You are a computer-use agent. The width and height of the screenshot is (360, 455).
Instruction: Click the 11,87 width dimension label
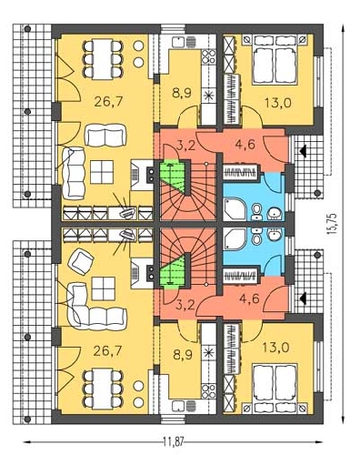click(x=174, y=442)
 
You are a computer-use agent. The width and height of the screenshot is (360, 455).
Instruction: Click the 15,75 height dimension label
click(x=332, y=224)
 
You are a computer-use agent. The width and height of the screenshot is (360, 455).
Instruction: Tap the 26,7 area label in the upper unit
click(x=108, y=101)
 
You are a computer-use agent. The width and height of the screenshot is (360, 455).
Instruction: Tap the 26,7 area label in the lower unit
click(x=107, y=351)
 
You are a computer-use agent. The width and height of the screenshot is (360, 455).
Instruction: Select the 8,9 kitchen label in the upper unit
click(x=182, y=93)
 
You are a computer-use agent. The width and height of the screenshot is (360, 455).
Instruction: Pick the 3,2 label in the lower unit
click(x=185, y=305)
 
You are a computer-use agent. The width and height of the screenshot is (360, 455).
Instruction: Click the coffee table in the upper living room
click(x=102, y=172)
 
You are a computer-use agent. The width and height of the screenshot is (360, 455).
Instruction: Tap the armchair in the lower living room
click(x=81, y=261)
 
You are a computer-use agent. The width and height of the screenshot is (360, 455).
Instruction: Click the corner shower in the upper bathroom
click(x=234, y=208)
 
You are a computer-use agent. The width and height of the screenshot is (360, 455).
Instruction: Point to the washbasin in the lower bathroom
click(x=274, y=234)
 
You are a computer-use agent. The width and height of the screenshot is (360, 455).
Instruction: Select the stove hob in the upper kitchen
click(x=208, y=56)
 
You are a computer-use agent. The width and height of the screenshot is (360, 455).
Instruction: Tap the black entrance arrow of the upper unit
click(x=303, y=150)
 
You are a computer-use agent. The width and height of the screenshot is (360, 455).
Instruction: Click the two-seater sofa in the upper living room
click(x=105, y=135)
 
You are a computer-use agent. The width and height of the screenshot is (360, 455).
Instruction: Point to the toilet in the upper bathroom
click(x=257, y=211)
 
